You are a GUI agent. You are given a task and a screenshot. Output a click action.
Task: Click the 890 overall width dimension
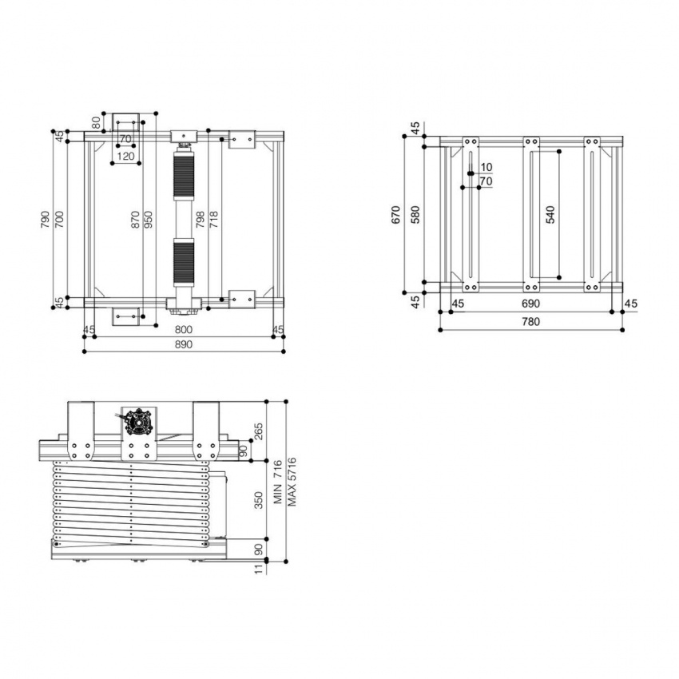tap(184, 343)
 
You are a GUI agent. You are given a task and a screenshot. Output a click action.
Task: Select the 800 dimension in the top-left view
tap(184, 329)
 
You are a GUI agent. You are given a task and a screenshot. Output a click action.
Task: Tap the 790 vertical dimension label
tap(45, 220)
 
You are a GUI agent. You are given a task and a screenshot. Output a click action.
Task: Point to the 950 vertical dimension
tap(149, 220)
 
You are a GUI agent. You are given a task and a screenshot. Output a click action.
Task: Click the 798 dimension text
tap(201, 220)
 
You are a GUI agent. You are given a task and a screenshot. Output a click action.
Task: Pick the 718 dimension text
tap(213, 220)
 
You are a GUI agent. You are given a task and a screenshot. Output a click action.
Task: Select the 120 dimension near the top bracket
tap(125, 157)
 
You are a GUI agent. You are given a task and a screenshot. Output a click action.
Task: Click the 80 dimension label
tap(97, 122)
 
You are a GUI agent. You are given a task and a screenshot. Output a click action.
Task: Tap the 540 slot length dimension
tap(550, 214)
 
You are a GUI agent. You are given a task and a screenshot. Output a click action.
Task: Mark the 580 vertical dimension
tap(415, 214)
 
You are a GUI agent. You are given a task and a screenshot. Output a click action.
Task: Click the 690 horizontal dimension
tap(530, 304)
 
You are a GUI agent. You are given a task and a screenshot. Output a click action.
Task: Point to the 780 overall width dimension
tap(530, 322)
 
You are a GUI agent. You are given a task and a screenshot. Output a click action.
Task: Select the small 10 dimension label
tap(486, 167)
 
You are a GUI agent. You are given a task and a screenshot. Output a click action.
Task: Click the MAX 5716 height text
tap(292, 481)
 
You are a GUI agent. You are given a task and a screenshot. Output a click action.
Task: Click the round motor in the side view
tap(141, 421)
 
